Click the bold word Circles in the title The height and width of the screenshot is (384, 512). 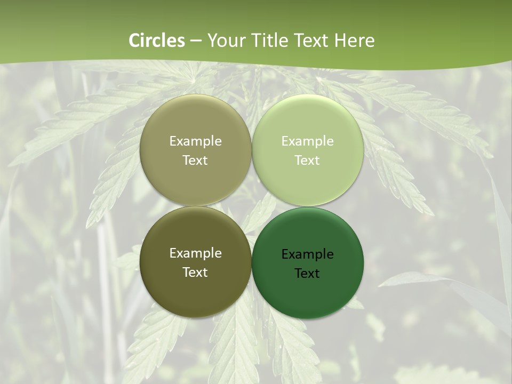point(157,41)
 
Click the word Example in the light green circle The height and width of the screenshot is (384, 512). point(307,141)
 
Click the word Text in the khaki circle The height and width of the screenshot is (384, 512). point(195,161)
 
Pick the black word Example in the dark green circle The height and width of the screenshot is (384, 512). point(307,254)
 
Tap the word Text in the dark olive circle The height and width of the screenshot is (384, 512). point(195,273)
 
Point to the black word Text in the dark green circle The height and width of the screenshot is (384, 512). point(307,274)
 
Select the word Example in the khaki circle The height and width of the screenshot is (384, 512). point(195,141)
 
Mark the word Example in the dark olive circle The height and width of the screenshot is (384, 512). point(195,253)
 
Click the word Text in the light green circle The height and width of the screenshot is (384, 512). point(307,161)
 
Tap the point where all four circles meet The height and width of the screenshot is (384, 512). point(251,206)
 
